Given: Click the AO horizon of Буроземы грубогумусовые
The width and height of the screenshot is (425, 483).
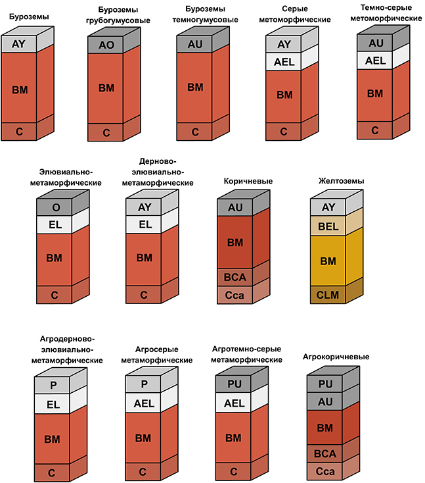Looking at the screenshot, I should coord(106,45).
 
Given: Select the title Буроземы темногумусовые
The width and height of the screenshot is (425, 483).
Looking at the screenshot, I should coord(195,15).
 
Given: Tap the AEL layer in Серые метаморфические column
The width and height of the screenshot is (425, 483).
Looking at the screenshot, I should coord(284,62).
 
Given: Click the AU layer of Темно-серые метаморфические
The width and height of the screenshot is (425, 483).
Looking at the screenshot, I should coord(375,43).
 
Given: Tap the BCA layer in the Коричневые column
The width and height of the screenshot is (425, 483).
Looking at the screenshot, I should coord(235,276).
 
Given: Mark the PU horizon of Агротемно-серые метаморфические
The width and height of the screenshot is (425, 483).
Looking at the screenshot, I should coord(235,384).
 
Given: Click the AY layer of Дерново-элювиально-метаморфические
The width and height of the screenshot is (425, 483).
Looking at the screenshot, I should coord(144,207).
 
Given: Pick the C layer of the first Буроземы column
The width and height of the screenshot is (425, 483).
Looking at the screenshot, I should coord(19,130).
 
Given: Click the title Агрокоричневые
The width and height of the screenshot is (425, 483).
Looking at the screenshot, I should coord(336,357).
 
